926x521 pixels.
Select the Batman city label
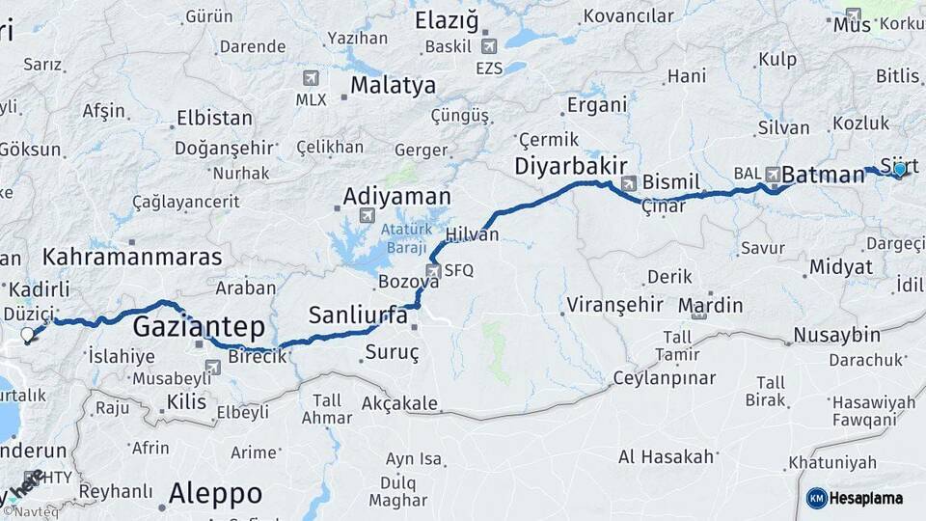[823, 175]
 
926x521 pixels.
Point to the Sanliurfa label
[358, 315]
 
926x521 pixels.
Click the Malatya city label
[393, 85]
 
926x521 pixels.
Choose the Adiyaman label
[396, 196]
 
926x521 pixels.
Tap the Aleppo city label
[215, 494]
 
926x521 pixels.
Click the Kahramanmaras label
[132, 258]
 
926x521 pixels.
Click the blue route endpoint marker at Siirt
[900, 170]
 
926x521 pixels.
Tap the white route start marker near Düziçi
[27, 336]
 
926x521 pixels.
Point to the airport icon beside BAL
[773, 175]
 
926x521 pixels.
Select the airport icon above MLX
[311, 78]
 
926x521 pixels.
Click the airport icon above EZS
[489, 46]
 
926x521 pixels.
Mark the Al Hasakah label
[667, 455]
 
